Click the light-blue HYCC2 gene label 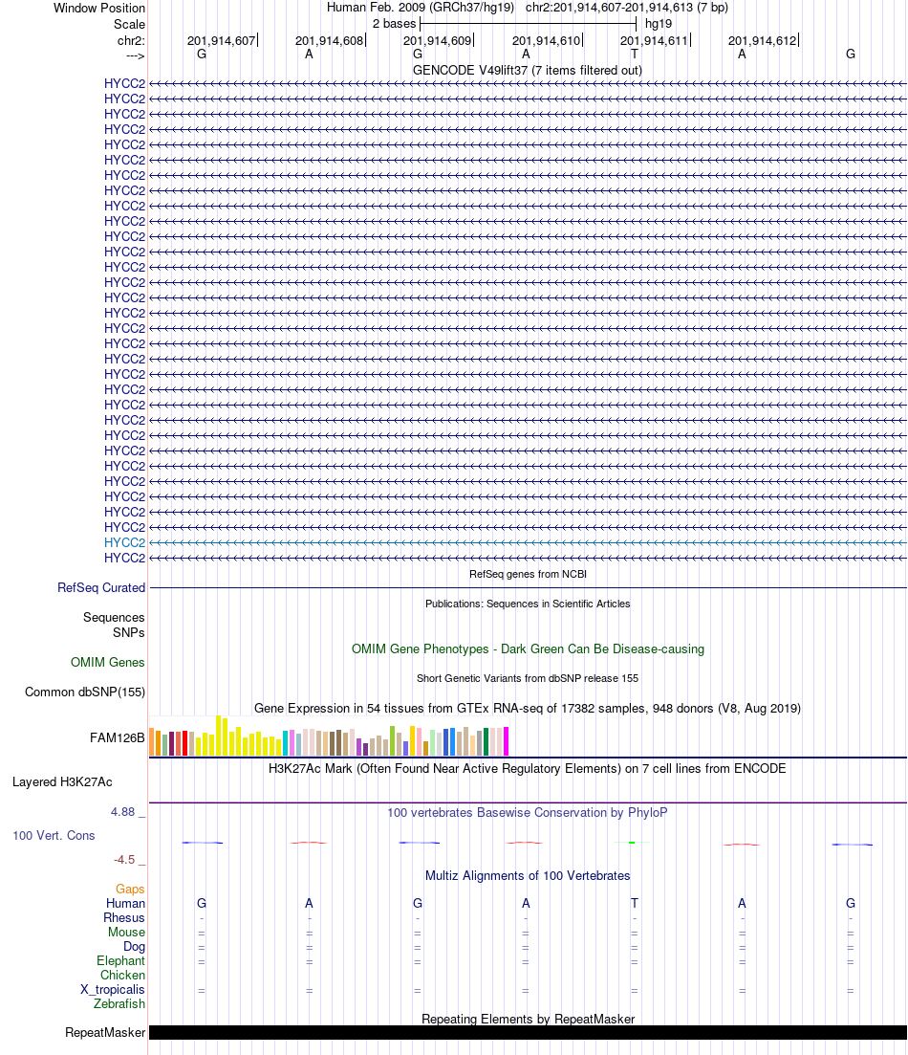coord(124,542)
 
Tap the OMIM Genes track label coord(107,663)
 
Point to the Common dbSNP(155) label coord(85,692)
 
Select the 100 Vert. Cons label coord(54,836)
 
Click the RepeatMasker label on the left coord(105,1033)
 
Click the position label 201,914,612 coord(762,41)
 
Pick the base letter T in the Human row coord(635,904)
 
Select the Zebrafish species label coord(119,1004)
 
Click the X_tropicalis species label coord(113,990)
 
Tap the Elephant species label coord(120,961)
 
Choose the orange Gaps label coord(130,890)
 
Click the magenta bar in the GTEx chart coord(507,742)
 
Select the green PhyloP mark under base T coord(633,843)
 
